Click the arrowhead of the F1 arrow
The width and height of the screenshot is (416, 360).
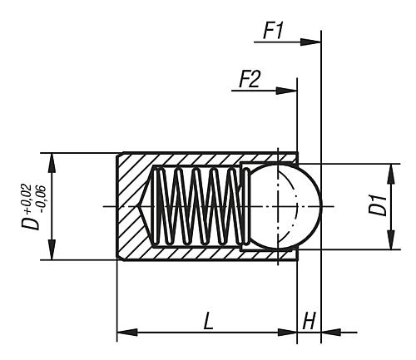[314, 41]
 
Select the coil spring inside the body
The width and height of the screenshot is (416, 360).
[198, 206]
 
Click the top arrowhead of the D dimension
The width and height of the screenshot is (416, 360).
[52, 159]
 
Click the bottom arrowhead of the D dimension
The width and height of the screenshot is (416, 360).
[52, 254]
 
